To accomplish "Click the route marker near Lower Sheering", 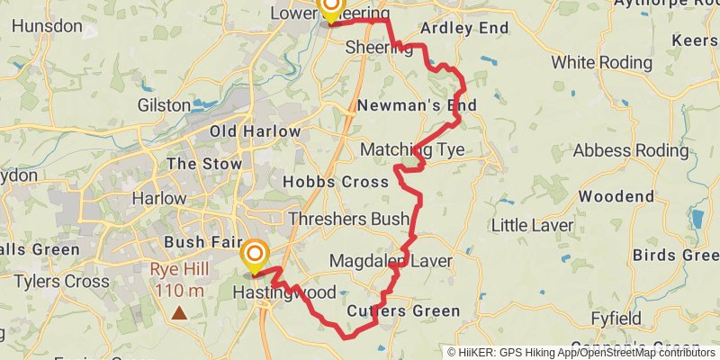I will [x=330, y=8].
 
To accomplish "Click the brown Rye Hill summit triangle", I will [x=180, y=313].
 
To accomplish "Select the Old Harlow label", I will [x=255, y=131].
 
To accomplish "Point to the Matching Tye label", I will [x=412, y=149].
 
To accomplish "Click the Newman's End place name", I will [x=417, y=106].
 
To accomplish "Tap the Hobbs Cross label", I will [x=336, y=182].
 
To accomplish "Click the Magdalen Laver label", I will [x=391, y=261].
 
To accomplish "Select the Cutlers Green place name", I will [x=403, y=311].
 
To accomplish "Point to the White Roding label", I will [x=601, y=63].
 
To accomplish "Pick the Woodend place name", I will [x=616, y=196].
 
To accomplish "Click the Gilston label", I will [x=164, y=105].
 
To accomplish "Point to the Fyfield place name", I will [x=616, y=319].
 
